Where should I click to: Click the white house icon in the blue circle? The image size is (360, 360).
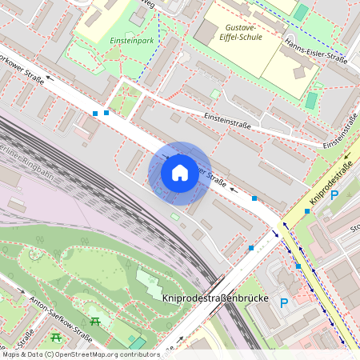180,173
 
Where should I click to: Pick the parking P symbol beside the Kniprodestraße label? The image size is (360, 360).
334,195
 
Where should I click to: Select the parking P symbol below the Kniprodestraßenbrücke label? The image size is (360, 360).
283,302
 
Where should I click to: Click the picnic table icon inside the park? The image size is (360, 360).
96,321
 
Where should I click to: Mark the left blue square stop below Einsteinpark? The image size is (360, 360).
95,114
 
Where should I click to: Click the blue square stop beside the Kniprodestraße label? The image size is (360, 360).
307,211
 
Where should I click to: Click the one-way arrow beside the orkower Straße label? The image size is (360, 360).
51,78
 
